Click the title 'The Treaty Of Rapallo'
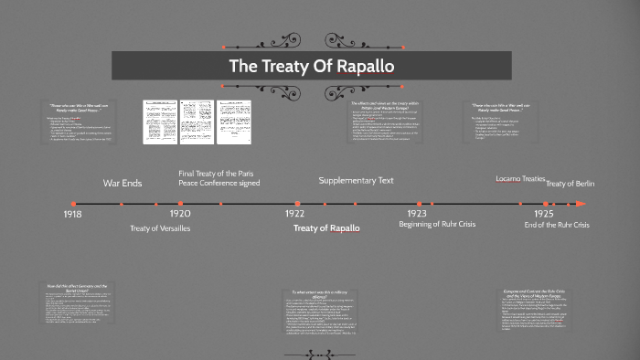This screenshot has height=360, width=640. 311,66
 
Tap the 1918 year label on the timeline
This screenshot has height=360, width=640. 73,213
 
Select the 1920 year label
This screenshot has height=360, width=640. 180,213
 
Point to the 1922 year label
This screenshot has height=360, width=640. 294,213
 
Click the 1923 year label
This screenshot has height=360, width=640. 417,213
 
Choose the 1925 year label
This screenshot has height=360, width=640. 546,213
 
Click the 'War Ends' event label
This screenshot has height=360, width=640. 123,184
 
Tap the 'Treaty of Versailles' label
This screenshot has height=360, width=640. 160,228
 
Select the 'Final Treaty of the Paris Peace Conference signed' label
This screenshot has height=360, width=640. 219,177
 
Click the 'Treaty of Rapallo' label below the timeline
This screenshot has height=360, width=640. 326,228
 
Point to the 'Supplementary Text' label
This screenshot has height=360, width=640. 356,180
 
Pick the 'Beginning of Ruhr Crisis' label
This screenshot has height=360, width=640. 439,225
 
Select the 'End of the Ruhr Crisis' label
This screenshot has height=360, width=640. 557,225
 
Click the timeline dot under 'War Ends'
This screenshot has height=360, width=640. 123,204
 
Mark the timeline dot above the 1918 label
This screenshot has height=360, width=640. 73,204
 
